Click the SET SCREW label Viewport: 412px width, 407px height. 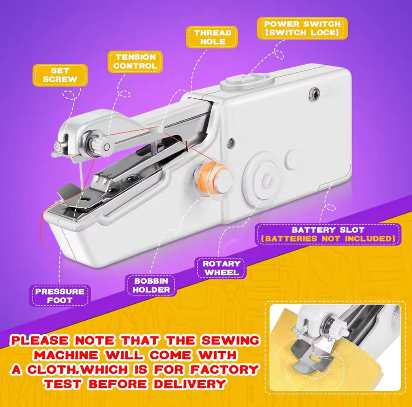pos(60,75)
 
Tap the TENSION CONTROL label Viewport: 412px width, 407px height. pos(135,62)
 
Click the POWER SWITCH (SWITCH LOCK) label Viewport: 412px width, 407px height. pos(302,28)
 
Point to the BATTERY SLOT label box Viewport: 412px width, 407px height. pos(328,234)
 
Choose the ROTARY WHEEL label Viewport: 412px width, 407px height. pos(222,268)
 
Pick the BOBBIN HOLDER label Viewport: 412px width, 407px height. pos(151,285)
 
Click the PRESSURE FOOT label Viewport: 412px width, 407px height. pos(60,295)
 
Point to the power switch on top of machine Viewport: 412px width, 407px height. pos(243,82)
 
